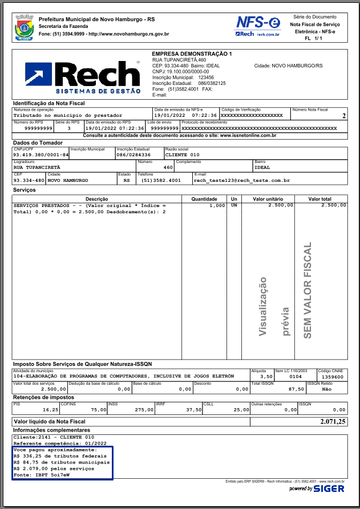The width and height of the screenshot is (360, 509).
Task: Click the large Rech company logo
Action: [x=83, y=77]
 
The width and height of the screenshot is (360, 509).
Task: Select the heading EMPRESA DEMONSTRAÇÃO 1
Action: [x=192, y=54]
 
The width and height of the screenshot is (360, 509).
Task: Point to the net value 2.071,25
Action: [x=333, y=422]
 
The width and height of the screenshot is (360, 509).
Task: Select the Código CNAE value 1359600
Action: [x=333, y=377]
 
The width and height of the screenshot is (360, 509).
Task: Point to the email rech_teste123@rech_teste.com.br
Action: [x=242, y=180]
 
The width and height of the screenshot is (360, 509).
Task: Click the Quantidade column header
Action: [x=204, y=199]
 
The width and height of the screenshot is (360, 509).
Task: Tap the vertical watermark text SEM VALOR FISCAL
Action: [x=308, y=291]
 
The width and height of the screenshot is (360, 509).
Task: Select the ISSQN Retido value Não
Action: [x=326, y=389]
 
